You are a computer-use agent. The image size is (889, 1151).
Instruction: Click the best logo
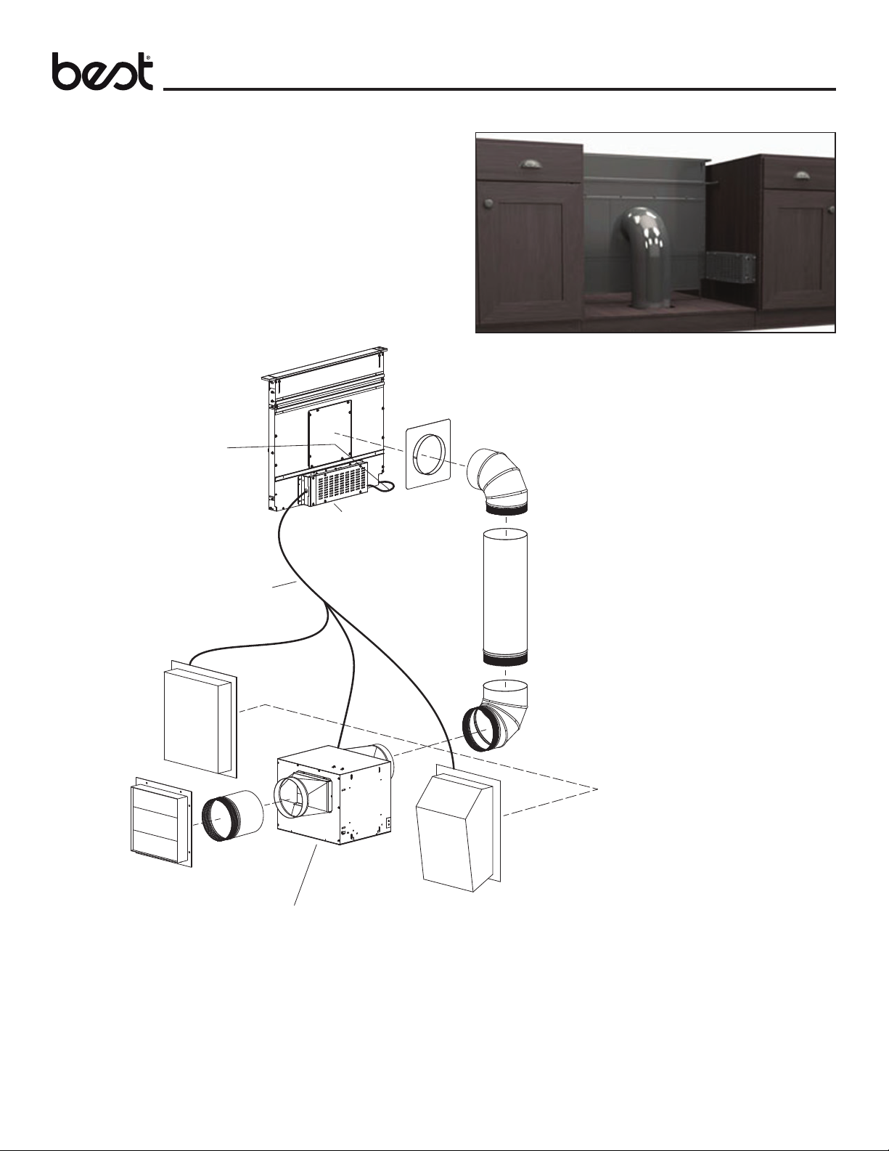coord(102,73)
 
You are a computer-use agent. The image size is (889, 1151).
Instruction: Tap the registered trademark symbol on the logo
coord(149,56)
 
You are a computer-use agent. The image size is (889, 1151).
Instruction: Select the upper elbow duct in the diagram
coord(496,480)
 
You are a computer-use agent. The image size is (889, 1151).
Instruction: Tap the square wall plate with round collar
coord(427,454)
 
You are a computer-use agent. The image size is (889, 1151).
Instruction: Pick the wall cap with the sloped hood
coord(456,828)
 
